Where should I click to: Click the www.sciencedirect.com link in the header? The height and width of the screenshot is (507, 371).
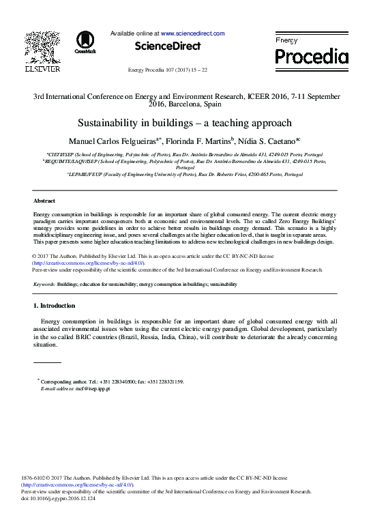click(193, 33)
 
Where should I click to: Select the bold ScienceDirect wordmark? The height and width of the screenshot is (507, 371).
click(168, 46)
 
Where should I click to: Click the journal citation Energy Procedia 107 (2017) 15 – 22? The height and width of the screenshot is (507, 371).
click(168, 71)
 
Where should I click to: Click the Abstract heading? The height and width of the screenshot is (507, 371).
click(44, 201)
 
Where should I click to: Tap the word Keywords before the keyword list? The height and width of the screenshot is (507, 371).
click(44, 284)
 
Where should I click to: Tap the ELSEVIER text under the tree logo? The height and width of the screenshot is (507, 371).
click(42, 68)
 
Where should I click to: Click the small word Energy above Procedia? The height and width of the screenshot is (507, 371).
click(286, 41)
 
